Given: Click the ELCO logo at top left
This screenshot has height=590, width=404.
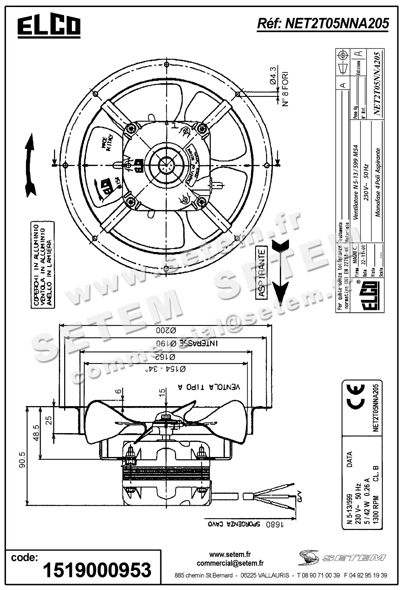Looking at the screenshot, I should pos(49,27).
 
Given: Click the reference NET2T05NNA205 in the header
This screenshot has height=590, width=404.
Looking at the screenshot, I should pos(323,24).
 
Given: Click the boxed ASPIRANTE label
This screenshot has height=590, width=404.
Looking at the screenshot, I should pos(262,272).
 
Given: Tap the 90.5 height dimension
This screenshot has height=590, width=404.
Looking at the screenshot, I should pos(22,460).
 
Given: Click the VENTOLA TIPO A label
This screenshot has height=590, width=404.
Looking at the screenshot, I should pos(209,387).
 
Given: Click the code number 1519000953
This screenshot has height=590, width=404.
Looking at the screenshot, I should pos(97,570).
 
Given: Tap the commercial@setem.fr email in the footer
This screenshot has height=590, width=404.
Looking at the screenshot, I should pos(230,564).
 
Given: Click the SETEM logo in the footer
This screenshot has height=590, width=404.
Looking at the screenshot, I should pos(342,557).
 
